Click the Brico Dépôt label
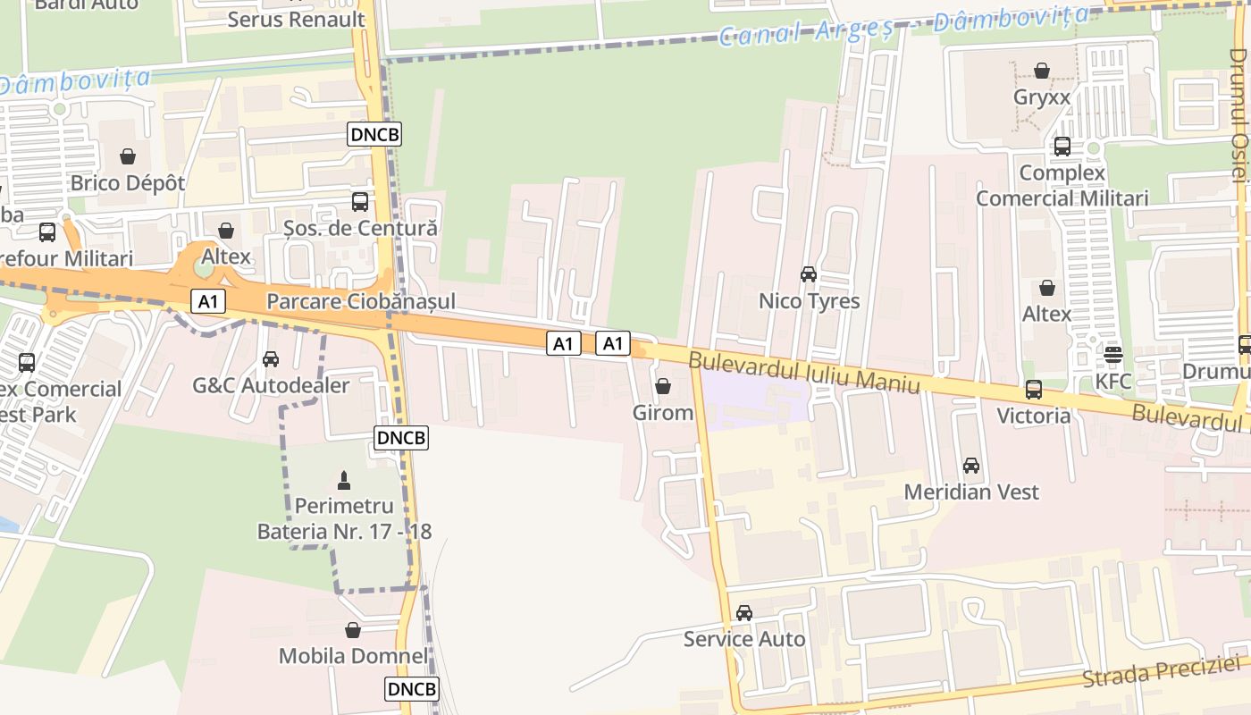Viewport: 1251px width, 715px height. point(128,183)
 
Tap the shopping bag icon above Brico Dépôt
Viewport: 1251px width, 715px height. point(128,156)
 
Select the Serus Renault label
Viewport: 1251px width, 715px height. point(296,19)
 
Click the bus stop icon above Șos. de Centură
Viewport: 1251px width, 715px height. point(360,201)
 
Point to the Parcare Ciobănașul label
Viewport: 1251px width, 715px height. point(361,301)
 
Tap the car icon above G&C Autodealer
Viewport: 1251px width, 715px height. point(270,359)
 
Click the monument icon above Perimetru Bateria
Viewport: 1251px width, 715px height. point(344,480)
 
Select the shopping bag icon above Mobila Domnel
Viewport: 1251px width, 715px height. point(353,630)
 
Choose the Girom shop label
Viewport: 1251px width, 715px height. point(663,413)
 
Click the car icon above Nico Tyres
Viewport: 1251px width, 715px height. point(809,274)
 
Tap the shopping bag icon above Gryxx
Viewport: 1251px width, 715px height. point(1042,71)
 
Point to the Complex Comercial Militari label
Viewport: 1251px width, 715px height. point(1062,185)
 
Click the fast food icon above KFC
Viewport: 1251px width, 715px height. point(1112,355)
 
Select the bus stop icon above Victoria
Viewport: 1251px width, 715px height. point(1034,389)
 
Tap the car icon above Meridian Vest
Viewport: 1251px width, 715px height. point(971,466)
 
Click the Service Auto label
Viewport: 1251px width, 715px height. point(744,639)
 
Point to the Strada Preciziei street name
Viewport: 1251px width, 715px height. point(1162,671)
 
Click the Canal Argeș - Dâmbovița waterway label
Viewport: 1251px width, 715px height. point(903,26)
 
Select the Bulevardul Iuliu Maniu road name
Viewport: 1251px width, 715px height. point(803,372)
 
